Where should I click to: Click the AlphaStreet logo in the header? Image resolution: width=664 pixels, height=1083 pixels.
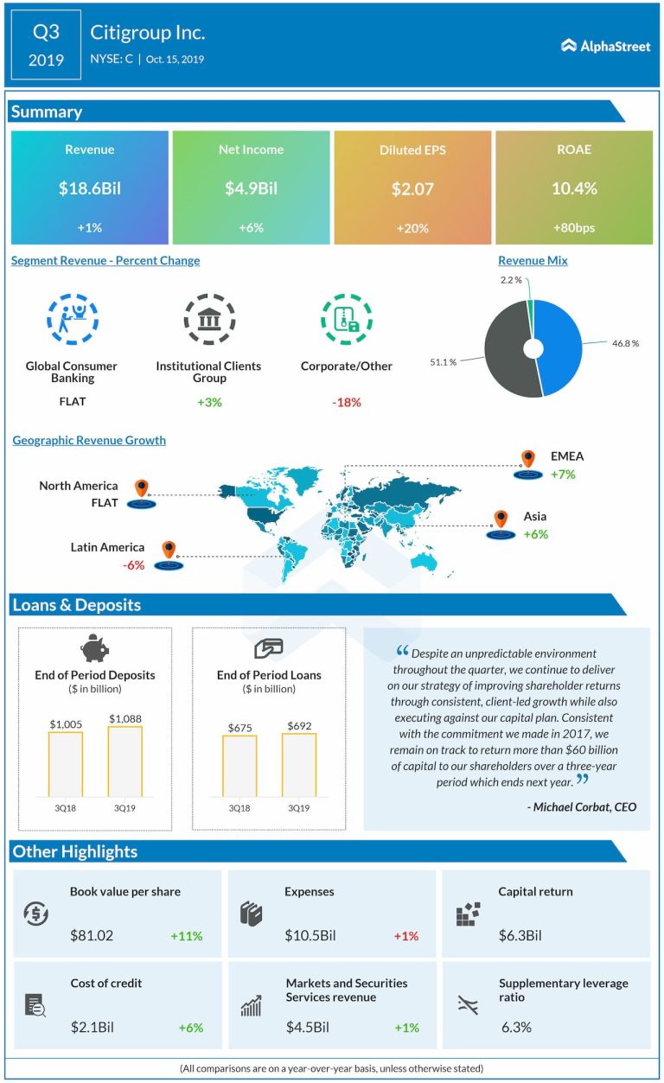[605, 46]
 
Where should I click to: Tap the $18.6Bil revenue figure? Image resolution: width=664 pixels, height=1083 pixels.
[90, 188]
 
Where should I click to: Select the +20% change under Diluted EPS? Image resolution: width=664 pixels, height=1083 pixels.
[412, 228]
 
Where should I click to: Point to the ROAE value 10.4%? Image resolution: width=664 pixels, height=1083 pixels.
[574, 188]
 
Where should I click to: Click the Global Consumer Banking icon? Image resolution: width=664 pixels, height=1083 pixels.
[72, 320]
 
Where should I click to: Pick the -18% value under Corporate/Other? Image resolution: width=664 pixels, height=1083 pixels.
[346, 403]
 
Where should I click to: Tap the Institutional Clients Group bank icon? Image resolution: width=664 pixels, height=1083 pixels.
[208, 320]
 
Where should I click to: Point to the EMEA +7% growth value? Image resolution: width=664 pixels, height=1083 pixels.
[562, 475]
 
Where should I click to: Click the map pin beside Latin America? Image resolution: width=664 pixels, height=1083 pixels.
[169, 550]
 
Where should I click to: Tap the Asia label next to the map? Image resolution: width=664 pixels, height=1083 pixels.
[534, 517]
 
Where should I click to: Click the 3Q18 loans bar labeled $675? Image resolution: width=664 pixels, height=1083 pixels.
[239, 765]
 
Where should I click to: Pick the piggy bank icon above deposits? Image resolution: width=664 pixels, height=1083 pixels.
[94, 648]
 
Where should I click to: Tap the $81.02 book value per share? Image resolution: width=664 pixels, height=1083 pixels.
[92, 935]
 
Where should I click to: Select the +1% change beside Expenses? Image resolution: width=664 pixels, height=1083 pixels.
[405, 936]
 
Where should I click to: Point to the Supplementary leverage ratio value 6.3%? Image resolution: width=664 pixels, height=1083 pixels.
[516, 1028]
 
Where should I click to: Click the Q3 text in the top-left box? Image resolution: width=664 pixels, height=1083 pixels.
[47, 33]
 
